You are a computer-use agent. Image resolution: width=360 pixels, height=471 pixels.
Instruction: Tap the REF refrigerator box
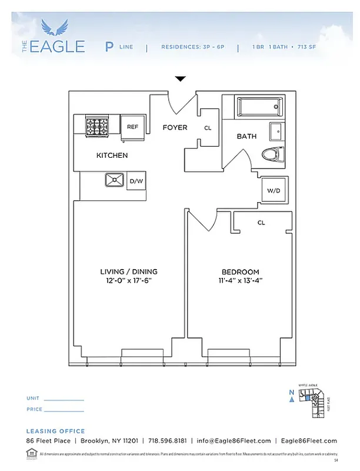(132, 127)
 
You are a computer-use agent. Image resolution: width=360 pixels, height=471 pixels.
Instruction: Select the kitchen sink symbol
(114, 180)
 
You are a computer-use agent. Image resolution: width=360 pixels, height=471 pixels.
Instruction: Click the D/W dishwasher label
(136, 181)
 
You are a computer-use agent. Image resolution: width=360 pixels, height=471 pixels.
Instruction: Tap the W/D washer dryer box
(274, 190)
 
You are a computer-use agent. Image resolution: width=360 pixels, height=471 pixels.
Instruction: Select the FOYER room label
(175, 127)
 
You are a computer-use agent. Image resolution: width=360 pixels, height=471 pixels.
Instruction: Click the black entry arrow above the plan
(181, 79)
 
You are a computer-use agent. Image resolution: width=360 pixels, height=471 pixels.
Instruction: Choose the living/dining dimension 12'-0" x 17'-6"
(128, 281)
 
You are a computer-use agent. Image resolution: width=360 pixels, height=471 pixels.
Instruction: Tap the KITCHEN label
(112, 155)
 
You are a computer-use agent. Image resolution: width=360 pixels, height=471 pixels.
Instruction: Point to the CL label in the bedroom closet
(261, 223)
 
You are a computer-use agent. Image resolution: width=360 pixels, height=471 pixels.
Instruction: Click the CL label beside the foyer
(208, 128)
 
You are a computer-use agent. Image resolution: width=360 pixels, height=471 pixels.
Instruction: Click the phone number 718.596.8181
(168, 441)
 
